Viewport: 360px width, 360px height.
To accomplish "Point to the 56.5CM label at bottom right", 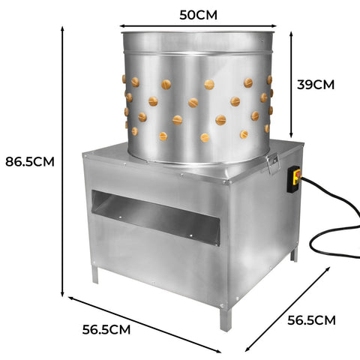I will [x=311, y=320].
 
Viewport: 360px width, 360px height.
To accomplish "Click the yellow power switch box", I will [x=294, y=180].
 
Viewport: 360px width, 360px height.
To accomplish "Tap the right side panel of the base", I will [x=266, y=225].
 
